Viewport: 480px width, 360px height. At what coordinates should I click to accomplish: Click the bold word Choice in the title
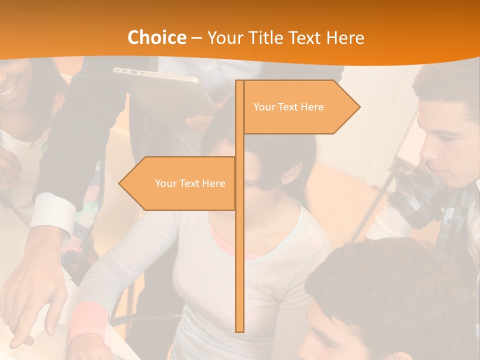tap(156, 38)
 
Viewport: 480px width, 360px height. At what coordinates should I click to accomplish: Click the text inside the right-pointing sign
tap(288, 107)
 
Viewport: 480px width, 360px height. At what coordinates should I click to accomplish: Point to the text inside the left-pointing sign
tap(190, 183)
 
